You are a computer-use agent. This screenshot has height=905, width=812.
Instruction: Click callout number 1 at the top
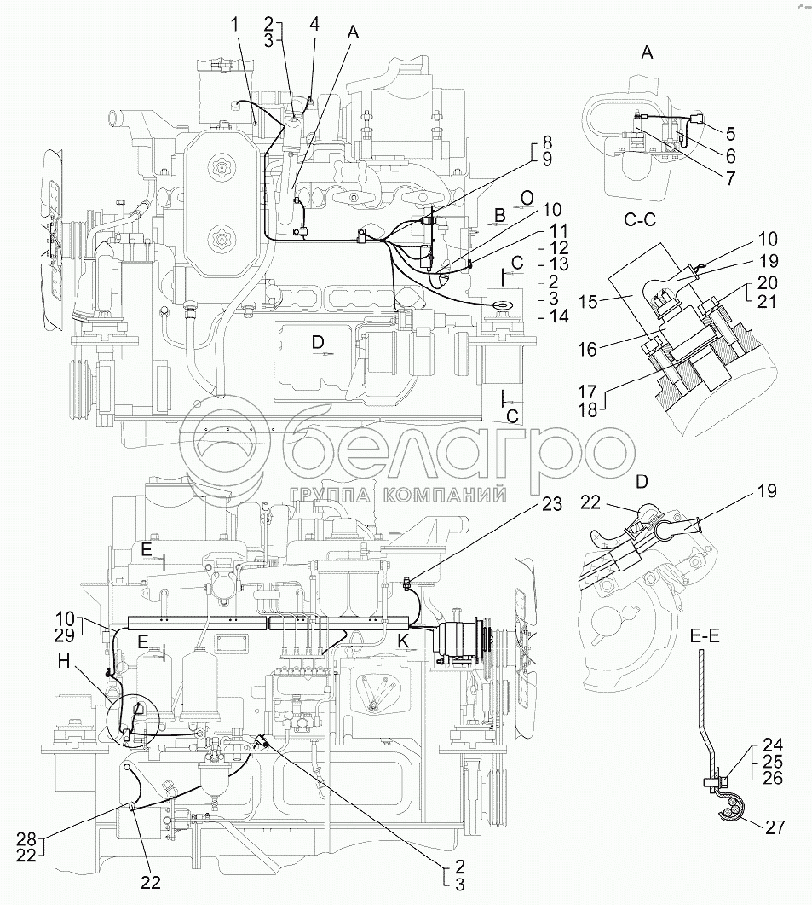[234, 26]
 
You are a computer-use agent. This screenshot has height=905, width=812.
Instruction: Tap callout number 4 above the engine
[314, 24]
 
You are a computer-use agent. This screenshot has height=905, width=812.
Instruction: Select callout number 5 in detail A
[730, 133]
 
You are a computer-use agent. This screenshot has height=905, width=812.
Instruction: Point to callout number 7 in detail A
[730, 178]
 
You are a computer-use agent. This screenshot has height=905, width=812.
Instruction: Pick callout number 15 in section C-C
[588, 301]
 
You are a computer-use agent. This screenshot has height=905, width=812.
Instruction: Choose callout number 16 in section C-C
[587, 349]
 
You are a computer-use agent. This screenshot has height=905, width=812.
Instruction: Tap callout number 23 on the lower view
[551, 504]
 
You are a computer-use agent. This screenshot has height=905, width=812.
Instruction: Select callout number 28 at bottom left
[26, 839]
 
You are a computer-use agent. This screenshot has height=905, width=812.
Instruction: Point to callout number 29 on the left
[65, 636]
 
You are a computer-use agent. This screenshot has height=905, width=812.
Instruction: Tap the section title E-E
[704, 636]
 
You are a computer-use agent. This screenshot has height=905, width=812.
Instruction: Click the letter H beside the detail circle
[64, 661]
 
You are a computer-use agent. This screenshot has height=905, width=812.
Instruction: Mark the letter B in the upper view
[500, 216]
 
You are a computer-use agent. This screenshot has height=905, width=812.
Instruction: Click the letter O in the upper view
[527, 198]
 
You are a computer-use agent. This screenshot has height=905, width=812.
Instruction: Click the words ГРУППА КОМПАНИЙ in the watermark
[399, 495]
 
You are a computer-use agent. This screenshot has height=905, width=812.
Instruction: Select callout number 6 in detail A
[730, 156]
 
